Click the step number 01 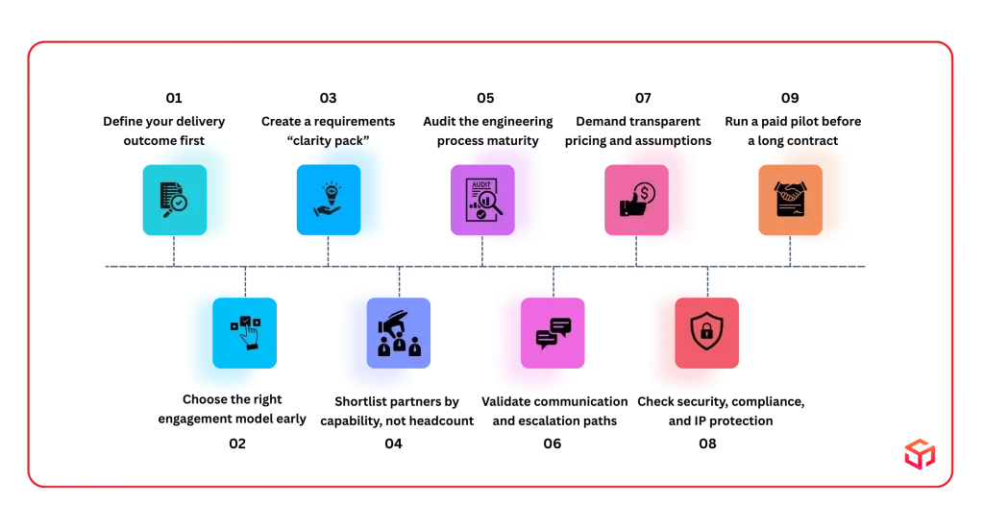tap(174, 98)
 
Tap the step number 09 tap(790, 98)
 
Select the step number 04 tap(393, 443)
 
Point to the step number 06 tap(553, 443)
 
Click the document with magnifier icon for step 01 tap(175, 200)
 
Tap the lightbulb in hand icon tap(329, 200)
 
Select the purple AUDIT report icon tap(482, 200)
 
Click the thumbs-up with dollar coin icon tap(636, 200)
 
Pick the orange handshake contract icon tap(790, 200)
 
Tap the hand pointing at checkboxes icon tap(245, 333)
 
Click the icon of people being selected tap(399, 333)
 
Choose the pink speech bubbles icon tap(553, 333)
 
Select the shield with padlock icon tap(706, 333)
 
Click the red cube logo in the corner tap(920, 454)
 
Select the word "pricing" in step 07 tap(585, 142)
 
